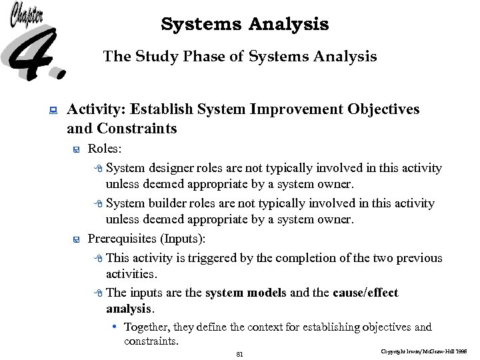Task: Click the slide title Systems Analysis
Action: [x=245, y=25]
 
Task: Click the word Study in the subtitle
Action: [x=155, y=57]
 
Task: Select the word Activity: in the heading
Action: [x=97, y=109]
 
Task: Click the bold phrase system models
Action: [x=247, y=293]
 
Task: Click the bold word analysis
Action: [x=129, y=309]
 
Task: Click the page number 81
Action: [x=239, y=354]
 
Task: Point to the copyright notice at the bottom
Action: [x=424, y=350]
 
